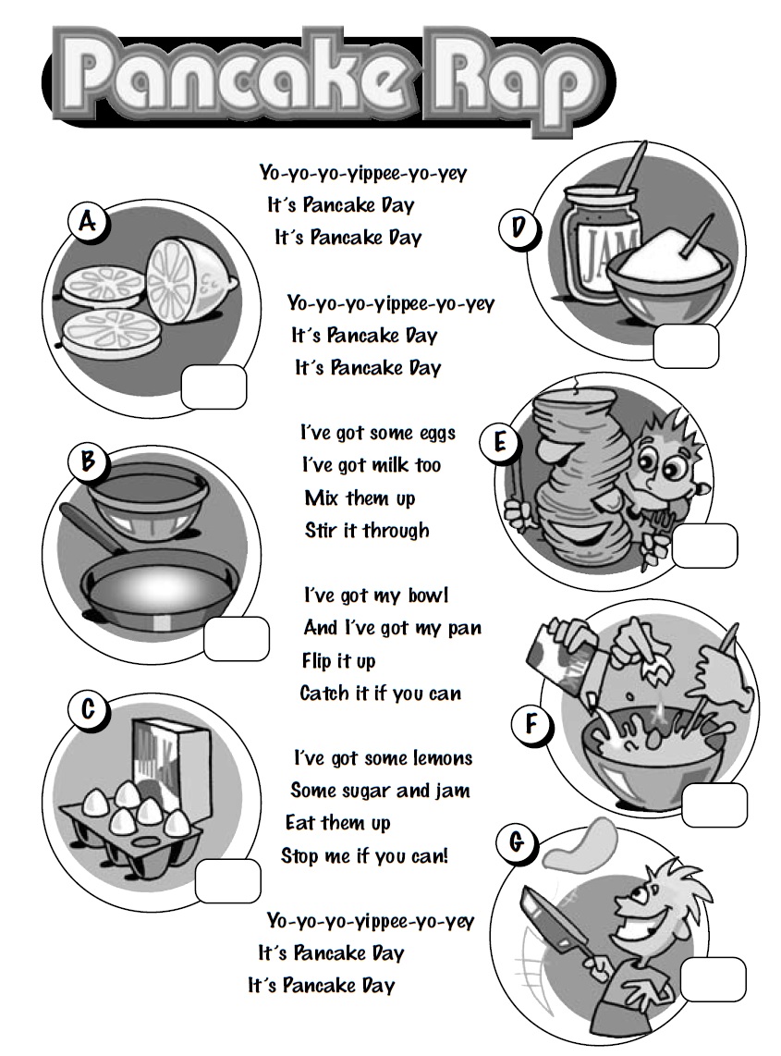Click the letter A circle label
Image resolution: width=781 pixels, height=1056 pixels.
(x=88, y=221)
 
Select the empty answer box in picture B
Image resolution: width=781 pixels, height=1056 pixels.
(x=237, y=638)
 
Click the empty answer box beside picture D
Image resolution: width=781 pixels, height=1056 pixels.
(x=686, y=346)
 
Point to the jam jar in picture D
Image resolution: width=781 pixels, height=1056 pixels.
(x=592, y=242)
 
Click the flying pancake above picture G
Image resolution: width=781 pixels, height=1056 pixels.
(x=580, y=842)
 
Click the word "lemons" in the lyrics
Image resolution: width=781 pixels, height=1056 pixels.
(x=443, y=758)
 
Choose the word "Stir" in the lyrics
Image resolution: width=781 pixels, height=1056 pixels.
(x=321, y=530)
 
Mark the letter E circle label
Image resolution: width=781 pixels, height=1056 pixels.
(x=500, y=443)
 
